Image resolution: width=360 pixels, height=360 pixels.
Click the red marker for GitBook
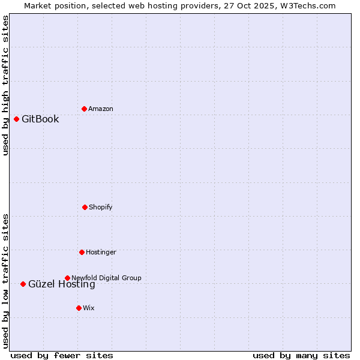click(x=16, y=119)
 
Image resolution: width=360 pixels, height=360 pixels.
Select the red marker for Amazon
click(x=84, y=109)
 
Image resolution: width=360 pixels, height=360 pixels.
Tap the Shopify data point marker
click(x=85, y=207)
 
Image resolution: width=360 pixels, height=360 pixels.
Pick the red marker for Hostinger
click(x=82, y=252)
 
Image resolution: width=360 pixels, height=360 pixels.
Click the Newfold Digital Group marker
click(x=67, y=278)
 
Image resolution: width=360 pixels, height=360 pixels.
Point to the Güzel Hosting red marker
click(x=23, y=284)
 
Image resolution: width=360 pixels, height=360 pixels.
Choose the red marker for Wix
click(x=79, y=308)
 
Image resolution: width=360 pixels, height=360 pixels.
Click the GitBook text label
click(x=40, y=119)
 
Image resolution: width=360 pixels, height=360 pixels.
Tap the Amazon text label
click(x=101, y=109)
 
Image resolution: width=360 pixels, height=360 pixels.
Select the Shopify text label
click(x=101, y=207)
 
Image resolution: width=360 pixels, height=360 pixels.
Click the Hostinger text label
click(x=101, y=252)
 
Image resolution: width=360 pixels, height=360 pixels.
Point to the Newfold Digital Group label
click(x=106, y=278)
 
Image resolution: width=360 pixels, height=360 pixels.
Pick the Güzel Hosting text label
click(x=62, y=284)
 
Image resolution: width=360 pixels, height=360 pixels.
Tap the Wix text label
click(x=89, y=308)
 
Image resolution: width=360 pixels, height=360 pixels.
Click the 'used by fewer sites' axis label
click(x=62, y=355)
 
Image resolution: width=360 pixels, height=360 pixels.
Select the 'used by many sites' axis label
click(x=301, y=355)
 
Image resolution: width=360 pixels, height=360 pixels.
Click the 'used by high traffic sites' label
click(x=5, y=85)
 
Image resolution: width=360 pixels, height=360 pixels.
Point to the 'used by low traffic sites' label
click(x=5, y=281)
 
